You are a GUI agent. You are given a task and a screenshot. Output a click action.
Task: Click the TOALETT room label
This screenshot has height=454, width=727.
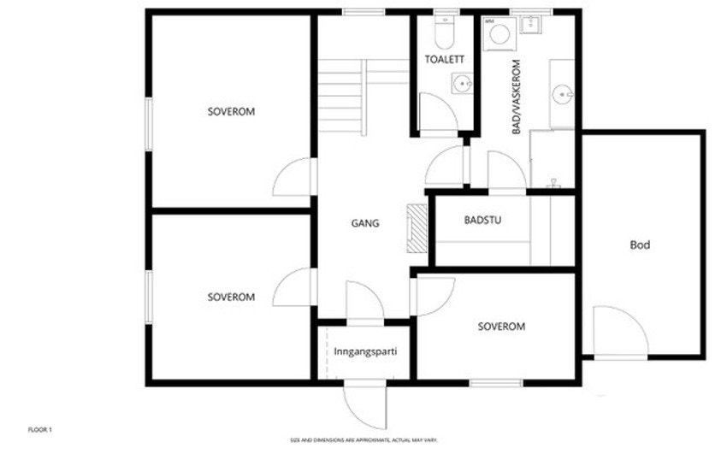[444, 59]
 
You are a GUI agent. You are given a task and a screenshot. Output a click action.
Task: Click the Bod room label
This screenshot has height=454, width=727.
[640, 245]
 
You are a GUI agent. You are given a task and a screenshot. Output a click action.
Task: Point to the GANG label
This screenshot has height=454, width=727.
[365, 225]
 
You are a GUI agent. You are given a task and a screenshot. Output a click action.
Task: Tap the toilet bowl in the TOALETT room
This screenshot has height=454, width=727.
[444, 33]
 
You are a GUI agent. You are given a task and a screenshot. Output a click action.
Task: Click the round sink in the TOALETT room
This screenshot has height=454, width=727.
[462, 84]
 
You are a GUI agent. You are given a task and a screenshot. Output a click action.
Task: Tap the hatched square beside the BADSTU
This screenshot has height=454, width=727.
[417, 228]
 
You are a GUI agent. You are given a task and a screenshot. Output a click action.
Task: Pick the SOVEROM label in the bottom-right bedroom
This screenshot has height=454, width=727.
[501, 327]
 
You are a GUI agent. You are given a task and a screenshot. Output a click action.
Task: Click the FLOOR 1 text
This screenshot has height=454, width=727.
[40, 428]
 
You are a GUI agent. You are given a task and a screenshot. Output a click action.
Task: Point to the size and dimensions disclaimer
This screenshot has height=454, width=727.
[363, 440]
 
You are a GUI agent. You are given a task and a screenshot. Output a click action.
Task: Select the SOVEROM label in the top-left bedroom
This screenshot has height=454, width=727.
[231, 112]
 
